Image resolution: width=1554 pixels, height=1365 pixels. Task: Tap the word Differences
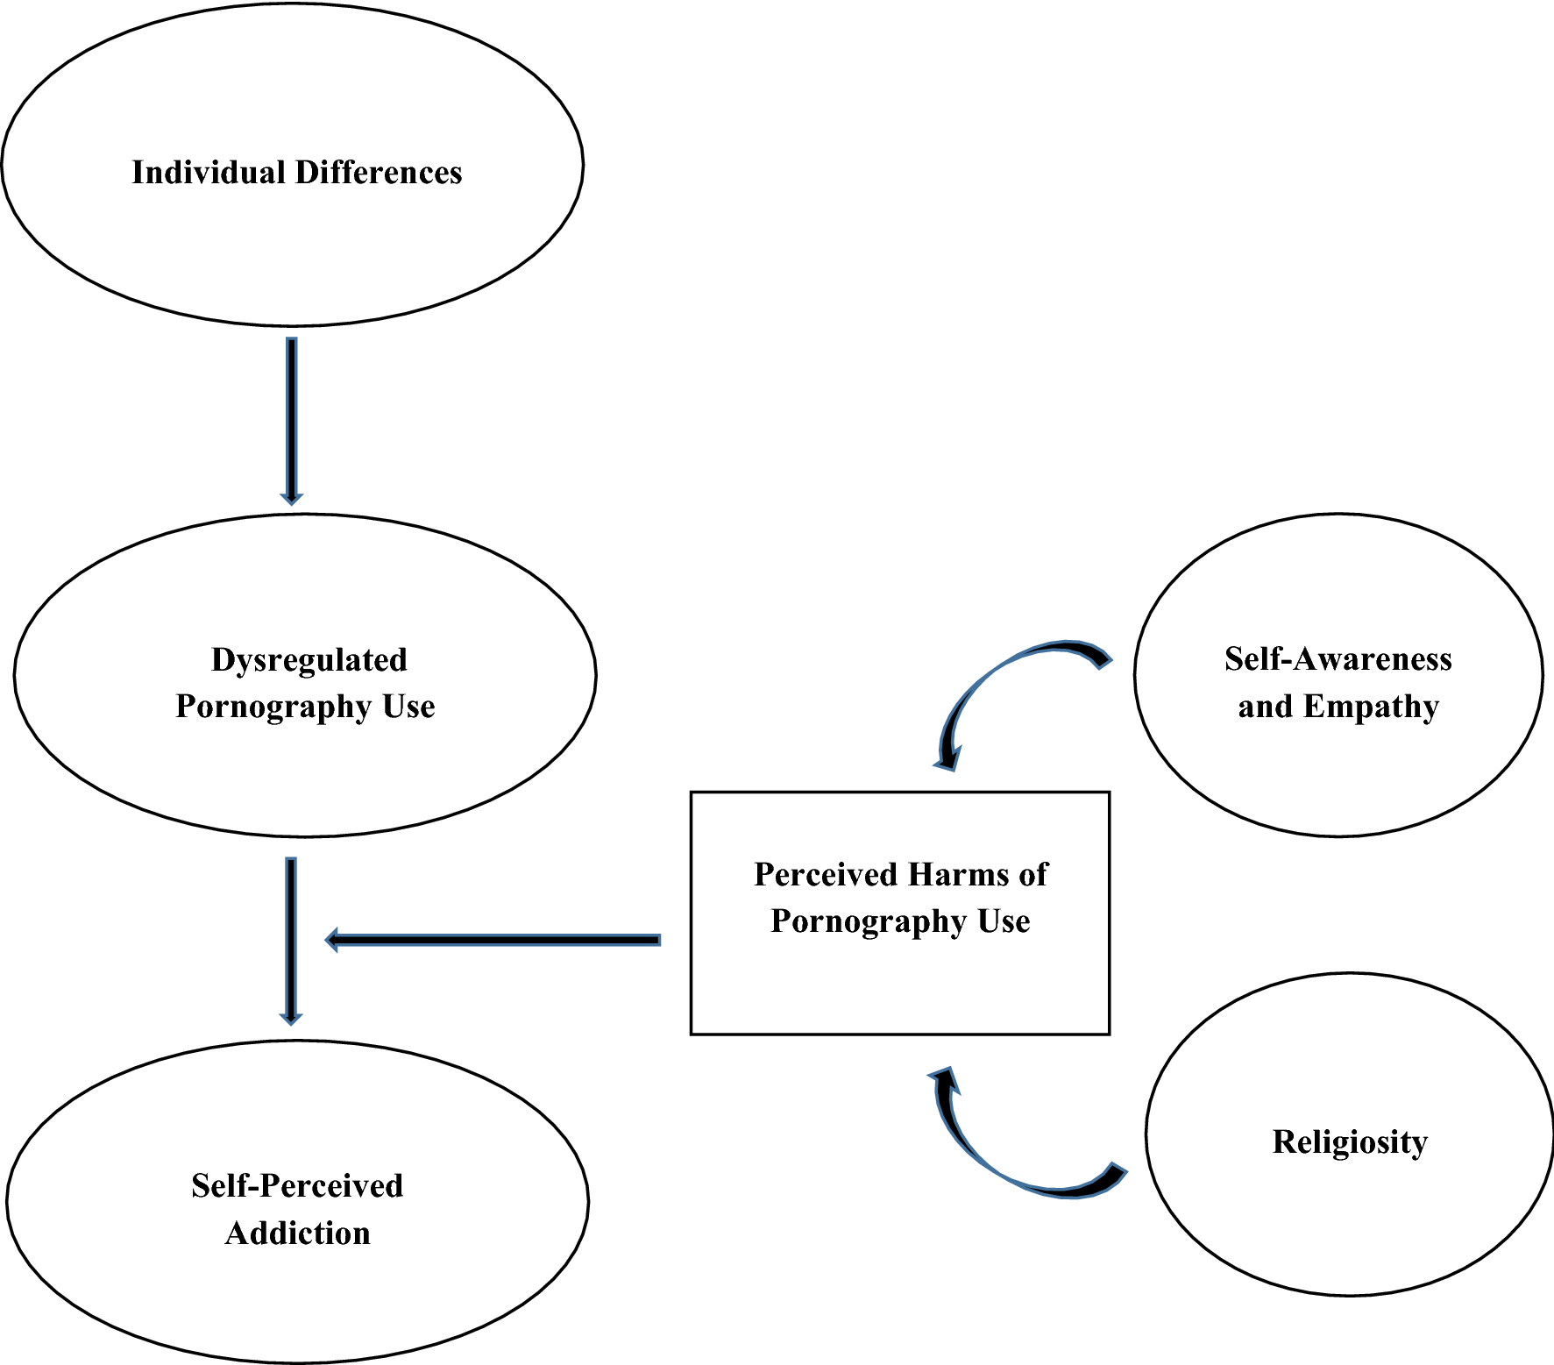(379, 173)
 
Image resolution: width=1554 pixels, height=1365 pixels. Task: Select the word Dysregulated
(309, 660)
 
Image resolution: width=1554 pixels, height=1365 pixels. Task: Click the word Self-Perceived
(297, 1186)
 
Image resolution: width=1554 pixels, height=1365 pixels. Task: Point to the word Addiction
(298, 1233)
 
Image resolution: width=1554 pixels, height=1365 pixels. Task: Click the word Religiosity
(1350, 1142)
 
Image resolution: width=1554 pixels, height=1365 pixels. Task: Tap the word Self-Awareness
(1338, 659)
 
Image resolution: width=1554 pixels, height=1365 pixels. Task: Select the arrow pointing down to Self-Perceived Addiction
(291, 938)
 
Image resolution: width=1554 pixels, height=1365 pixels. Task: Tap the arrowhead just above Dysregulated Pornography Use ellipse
(292, 498)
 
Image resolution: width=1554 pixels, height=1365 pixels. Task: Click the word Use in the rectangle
(1004, 922)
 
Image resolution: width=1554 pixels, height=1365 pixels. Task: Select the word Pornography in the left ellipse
(274, 707)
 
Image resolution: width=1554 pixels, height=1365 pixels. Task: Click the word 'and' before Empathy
(1265, 707)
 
